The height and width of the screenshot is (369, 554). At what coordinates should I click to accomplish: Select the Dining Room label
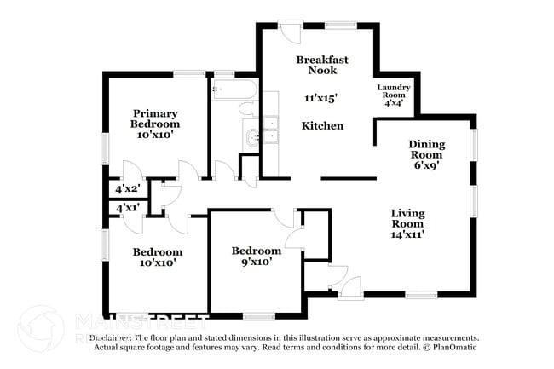426,149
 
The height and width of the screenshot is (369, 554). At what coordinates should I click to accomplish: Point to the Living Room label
407,218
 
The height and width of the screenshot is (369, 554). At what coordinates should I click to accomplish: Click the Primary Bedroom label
155,118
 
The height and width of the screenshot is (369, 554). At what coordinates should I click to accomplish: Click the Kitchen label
323,126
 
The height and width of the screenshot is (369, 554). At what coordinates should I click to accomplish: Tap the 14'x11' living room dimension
407,234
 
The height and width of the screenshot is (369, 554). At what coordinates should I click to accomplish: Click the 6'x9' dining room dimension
426,167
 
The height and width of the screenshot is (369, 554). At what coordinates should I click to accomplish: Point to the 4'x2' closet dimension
127,189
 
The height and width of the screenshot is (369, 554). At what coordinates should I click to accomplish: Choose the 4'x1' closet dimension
127,207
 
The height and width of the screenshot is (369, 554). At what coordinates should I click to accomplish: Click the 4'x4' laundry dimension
394,103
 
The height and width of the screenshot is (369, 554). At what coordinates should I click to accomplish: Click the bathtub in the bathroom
233,89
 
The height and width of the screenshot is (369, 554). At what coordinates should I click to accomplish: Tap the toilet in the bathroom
248,109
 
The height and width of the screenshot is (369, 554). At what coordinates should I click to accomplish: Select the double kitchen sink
271,134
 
